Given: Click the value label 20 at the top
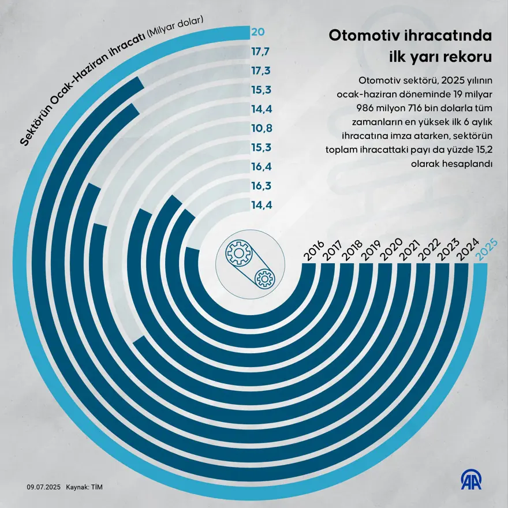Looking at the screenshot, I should tap(257, 32).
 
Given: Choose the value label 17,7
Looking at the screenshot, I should tap(259, 51).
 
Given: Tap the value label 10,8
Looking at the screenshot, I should tap(259, 128).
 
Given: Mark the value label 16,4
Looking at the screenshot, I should tap(259, 166).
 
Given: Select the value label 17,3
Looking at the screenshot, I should tap(259, 70).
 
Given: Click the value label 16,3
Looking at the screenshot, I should tap(259, 185).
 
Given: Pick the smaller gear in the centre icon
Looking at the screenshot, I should tap(265, 279).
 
